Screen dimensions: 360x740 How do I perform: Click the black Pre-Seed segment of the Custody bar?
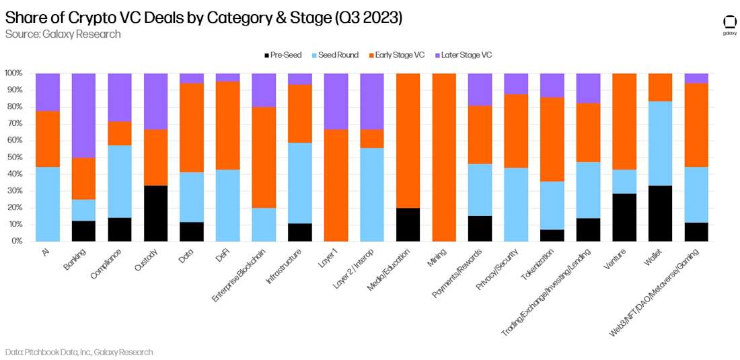(155, 213)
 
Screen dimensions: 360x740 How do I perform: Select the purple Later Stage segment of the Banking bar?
(83, 115)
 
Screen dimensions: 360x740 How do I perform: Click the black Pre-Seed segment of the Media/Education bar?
(408, 224)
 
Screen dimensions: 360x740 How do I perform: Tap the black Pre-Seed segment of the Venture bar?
(624, 217)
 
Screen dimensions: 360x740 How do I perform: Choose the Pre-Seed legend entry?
(282, 55)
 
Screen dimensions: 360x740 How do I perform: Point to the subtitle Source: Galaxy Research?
(63, 34)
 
